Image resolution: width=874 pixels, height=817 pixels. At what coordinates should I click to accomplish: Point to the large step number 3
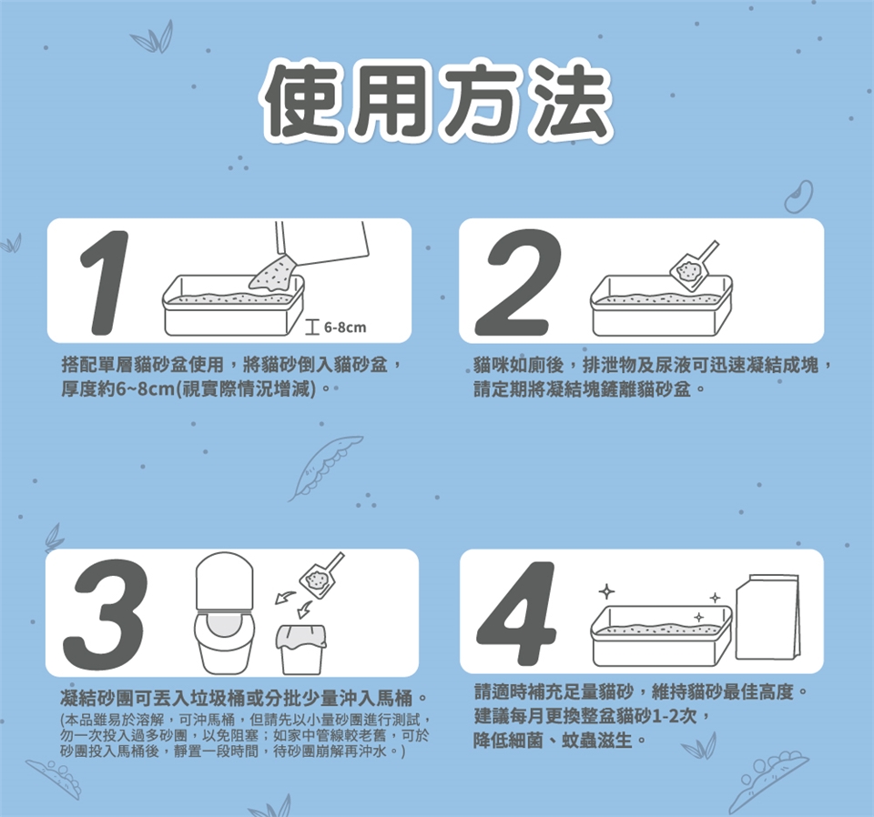[x=105, y=614]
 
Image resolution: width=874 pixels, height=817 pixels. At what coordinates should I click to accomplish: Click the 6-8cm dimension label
[x=345, y=328]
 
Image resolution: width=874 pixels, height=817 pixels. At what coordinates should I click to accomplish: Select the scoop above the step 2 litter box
[x=694, y=267]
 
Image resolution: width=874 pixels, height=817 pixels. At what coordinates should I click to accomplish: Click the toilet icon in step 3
[x=225, y=612]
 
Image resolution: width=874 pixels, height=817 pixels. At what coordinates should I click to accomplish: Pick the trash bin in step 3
[x=301, y=650]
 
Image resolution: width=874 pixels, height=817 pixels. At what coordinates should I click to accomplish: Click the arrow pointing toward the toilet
[x=285, y=598]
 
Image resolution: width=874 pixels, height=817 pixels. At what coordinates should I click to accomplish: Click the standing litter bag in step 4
[x=768, y=617]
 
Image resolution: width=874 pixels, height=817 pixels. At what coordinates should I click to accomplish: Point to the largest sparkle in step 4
[x=606, y=590]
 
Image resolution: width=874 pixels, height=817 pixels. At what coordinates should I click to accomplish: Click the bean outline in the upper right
[x=799, y=196]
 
